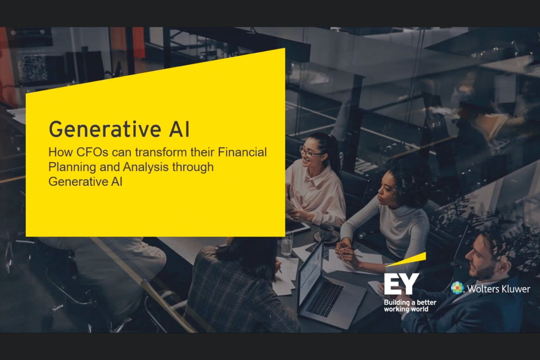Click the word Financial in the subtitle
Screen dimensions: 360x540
coord(242,152)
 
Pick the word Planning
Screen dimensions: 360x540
coord(71,167)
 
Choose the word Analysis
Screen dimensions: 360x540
coord(146,167)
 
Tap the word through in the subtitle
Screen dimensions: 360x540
coord(193,167)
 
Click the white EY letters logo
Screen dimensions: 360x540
coord(401,284)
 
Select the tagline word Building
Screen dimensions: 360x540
coord(397,302)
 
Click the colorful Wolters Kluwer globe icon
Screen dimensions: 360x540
coord(457,288)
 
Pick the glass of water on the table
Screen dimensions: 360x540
coord(287,244)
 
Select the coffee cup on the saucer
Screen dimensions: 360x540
coord(327,232)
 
